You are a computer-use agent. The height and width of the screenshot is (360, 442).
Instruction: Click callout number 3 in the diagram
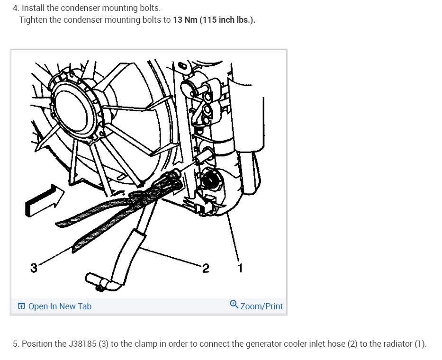tap(34, 268)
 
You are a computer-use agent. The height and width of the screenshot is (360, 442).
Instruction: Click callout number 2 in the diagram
tap(206, 268)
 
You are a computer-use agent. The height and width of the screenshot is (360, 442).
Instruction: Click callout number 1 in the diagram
tap(240, 268)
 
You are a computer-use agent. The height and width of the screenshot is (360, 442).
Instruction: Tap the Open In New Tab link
tap(60, 306)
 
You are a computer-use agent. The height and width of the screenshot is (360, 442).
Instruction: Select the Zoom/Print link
tap(262, 306)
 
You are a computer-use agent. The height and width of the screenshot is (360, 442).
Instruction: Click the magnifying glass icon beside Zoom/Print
tap(234, 305)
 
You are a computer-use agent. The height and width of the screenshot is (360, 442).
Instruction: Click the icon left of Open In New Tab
tap(21, 306)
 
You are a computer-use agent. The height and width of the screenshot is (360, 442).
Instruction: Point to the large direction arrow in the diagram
tap(45, 201)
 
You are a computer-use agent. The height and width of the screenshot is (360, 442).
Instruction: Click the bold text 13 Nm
tap(185, 20)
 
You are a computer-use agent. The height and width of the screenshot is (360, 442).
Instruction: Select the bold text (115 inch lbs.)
tap(227, 20)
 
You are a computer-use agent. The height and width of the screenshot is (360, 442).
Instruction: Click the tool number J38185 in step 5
tap(82, 344)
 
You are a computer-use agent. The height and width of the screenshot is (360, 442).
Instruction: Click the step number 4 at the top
tap(16, 8)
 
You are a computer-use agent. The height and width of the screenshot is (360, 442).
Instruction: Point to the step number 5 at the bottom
tap(16, 344)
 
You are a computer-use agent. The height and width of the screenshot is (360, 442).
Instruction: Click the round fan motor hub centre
tap(72, 110)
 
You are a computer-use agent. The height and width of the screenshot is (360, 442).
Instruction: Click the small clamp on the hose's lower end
tap(99, 288)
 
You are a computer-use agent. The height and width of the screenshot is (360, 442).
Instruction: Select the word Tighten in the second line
tap(33, 20)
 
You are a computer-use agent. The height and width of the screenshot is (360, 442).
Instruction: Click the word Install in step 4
tap(33, 8)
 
